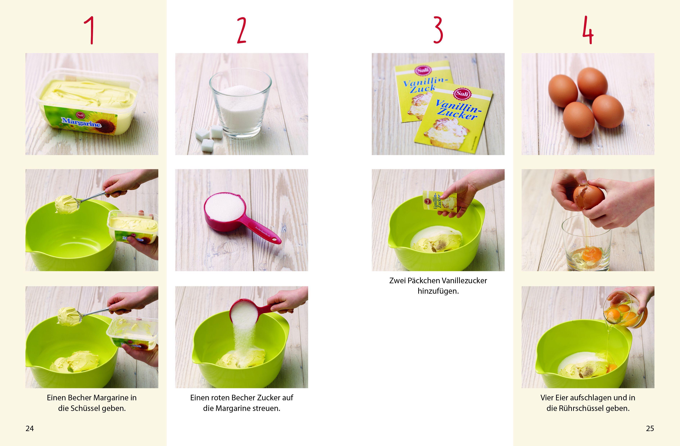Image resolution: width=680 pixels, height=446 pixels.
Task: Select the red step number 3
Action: tap(438, 30)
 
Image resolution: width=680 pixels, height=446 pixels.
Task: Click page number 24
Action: tap(30, 428)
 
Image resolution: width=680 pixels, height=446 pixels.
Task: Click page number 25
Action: tap(650, 428)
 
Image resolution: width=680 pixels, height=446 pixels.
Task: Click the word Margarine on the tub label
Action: tap(81, 122)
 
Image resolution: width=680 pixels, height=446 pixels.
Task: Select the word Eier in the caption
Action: tap(561, 398)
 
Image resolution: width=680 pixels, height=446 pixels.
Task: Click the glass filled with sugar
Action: tap(240, 103)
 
